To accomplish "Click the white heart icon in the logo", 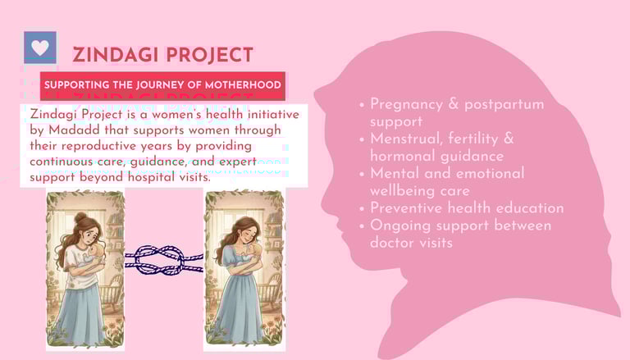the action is pos(40,48).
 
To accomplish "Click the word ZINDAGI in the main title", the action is pos(115,55).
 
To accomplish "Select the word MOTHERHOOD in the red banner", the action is pos(243,85).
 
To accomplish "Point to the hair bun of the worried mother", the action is pos(80,217).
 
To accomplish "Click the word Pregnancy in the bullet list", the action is pos(406,104).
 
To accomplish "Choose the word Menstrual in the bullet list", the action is pos(406,139).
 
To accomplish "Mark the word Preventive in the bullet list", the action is pos(405,208).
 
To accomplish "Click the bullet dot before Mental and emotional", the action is pos(362,175).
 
